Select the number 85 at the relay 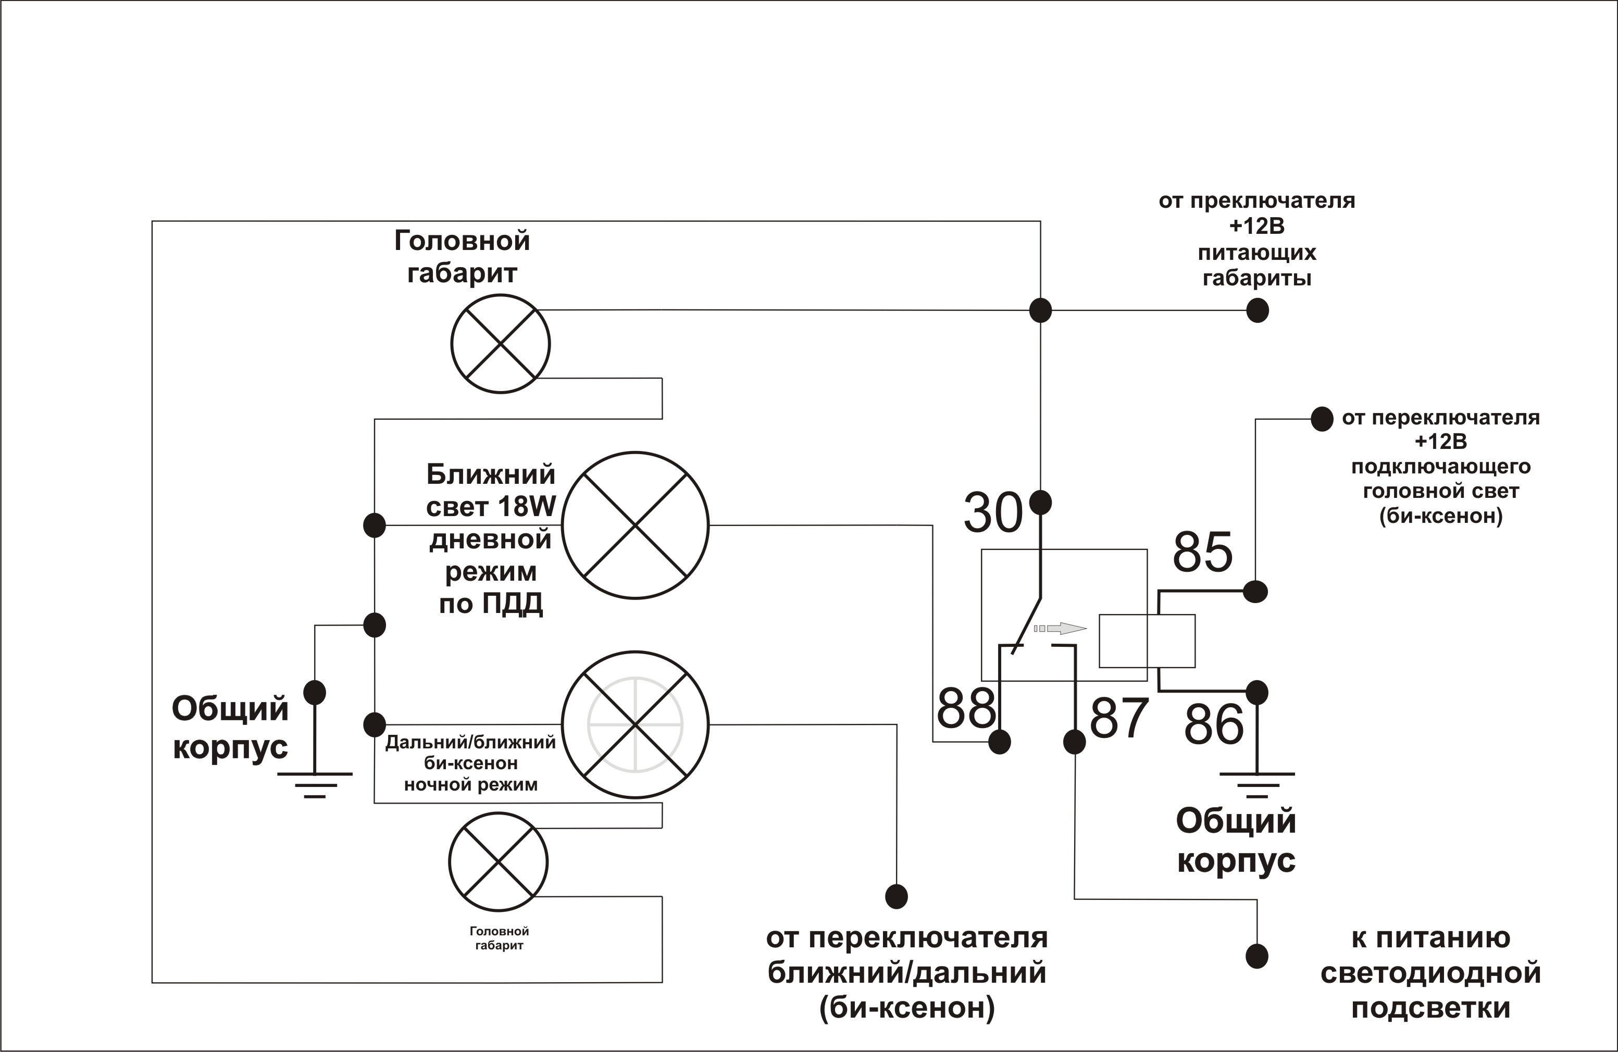pyautogui.click(x=1202, y=552)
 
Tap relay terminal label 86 pyautogui.click(x=1214, y=724)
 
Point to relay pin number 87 pyautogui.click(x=1119, y=718)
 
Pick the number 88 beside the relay pyautogui.click(x=966, y=708)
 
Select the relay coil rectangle pyautogui.click(x=1147, y=641)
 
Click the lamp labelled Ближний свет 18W pyautogui.click(x=635, y=525)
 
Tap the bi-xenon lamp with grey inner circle pyautogui.click(x=635, y=724)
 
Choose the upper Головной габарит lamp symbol pyautogui.click(x=501, y=344)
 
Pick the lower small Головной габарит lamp pyautogui.click(x=499, y=862)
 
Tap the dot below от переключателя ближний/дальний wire pyautogui.click(x=897, y=896)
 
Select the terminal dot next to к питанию pyautogui.click(x=1257, y=956)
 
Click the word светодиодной pyautogui.click(x=1430, y=973)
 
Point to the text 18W pyautogui.click(x=526, y=506)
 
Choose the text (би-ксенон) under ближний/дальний pyautogui.click(x=907, y=1008)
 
